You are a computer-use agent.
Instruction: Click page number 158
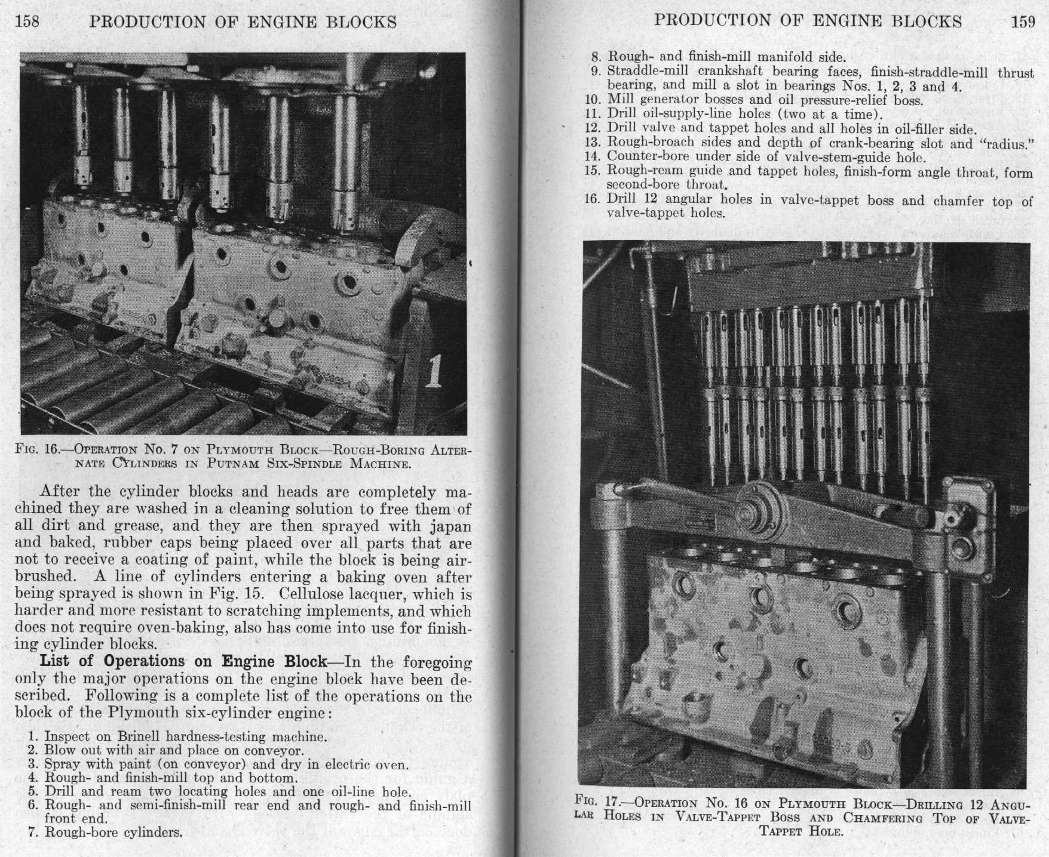(27, 21)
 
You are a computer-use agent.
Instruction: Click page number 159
(1023, 21)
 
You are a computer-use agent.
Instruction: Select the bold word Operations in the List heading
(144, 661)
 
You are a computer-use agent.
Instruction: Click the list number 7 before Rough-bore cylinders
(33, 832)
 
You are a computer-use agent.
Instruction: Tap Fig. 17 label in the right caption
(599, 801)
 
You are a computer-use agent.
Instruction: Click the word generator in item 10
(670, 100)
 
